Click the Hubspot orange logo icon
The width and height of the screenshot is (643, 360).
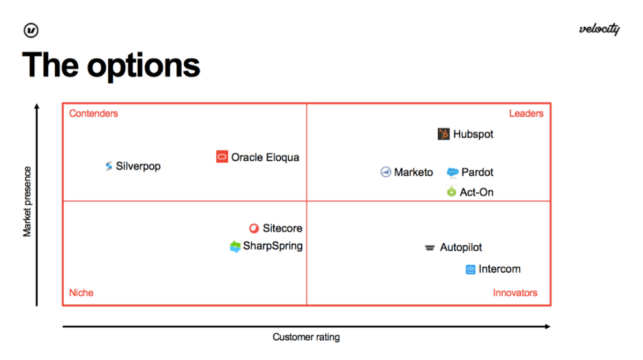pos(444,134)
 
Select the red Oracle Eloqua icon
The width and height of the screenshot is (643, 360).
pos(222,156)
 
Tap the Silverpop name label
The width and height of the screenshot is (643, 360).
pos(138,166)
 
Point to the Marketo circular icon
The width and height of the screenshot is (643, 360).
pos(385,172)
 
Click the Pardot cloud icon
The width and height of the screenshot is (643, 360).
pos(452,172)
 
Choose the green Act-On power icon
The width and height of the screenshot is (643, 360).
pos(451,191)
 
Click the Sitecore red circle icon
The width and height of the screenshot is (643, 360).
pos(254,228)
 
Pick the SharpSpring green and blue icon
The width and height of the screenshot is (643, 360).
pos(235,246)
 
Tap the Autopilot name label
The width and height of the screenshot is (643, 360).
pos(461,247)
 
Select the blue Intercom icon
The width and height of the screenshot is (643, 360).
pos(470,269)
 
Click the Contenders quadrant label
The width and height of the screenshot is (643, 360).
pos(94,114)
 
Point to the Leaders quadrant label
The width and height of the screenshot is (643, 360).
pos(526,114)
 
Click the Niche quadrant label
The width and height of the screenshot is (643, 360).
pos(81,293)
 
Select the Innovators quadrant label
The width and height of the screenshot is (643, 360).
pos(515,293)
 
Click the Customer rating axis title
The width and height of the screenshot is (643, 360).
pos(306,337)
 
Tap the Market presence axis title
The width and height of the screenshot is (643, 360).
pos(27,201)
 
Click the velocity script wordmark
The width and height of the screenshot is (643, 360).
pos(600,29)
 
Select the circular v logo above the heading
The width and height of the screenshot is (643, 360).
pos(31,30)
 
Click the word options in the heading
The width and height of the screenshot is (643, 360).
pos(143,66)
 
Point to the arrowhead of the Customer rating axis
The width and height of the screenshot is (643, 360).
pos(548,326)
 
